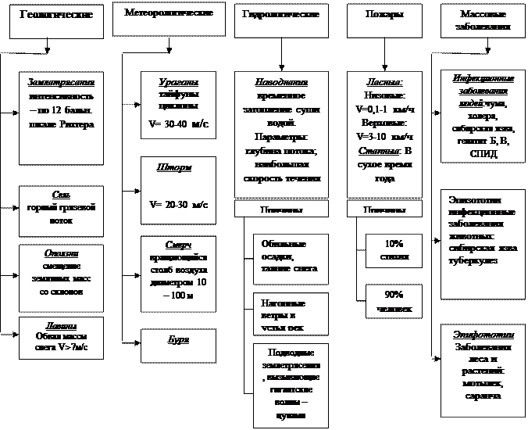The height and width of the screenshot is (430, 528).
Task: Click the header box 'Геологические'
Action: [x=56, y=20]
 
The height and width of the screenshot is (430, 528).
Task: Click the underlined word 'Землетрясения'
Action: [x=61, y=82]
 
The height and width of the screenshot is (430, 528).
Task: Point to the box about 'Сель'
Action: [x=61, y=202]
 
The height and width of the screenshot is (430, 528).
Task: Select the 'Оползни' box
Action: [x=61, y=269]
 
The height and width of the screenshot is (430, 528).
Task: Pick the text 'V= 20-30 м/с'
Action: [x=178, y=204]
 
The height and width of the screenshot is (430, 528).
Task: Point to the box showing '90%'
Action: [x=394, y=302]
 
